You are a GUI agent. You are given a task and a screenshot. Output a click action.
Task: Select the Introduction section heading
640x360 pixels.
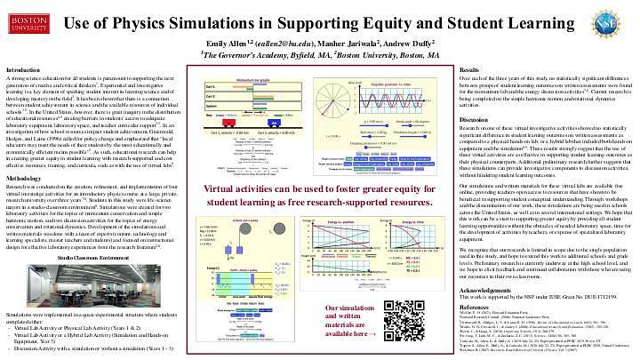[25, 69]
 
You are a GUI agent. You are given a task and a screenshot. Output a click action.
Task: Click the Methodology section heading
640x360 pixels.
[26, 179]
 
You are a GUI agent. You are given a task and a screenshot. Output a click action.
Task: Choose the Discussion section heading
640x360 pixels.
[475, 118]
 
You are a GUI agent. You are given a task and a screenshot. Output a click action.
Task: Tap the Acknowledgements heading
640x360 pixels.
[485, 290]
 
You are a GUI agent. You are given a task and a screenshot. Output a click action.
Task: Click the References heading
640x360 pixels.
[476, 305]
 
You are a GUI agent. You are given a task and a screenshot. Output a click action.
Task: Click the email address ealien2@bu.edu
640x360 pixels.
[268, 42]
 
